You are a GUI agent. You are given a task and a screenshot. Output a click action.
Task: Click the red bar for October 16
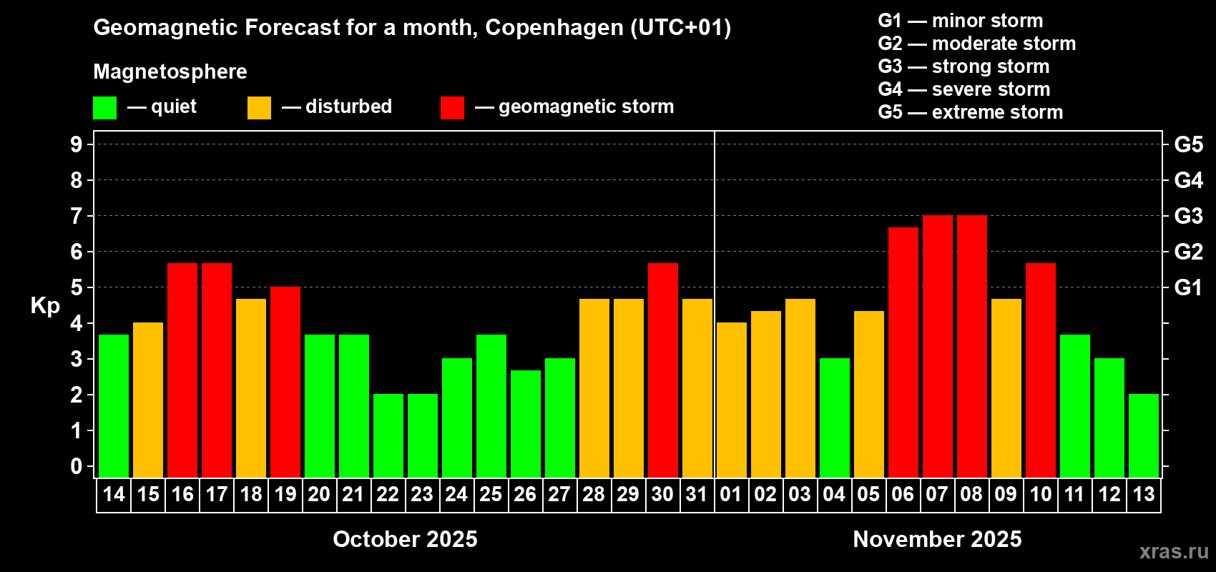click(182, 370)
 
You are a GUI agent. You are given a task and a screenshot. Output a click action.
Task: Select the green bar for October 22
click(388, 435)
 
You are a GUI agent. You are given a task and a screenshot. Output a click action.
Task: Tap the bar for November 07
click(938, 346)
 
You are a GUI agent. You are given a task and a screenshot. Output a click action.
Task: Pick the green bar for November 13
click(1144, 435)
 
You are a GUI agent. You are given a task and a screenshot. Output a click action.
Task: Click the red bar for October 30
click(663, 370)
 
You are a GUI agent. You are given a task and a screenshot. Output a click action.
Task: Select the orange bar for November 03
click(800, 388)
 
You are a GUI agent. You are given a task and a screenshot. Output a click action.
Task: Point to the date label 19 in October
click(285, 494)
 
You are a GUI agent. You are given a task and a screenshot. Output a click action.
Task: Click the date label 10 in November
click(1041, 494)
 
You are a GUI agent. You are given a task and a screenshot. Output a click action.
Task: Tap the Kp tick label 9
click(77, 144)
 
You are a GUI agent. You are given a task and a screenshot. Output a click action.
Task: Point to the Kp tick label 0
click(77, 466)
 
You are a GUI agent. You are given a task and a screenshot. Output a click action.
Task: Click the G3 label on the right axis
click(1188, 216)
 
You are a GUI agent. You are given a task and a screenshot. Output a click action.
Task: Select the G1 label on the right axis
click(1188, 287)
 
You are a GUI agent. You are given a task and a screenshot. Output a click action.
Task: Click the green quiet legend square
click(105, 108)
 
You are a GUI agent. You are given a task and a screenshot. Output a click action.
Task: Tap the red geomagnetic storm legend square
click(452, 108)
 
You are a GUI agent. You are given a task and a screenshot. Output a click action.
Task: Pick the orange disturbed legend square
click(259, 108)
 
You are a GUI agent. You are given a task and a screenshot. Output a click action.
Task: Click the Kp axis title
click(45, 305)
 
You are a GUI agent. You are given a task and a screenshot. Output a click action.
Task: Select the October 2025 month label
click(405, 539)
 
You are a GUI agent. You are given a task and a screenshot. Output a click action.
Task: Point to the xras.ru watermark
click(1174, 551)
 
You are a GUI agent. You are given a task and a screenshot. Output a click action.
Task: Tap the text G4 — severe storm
click(964, 89)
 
